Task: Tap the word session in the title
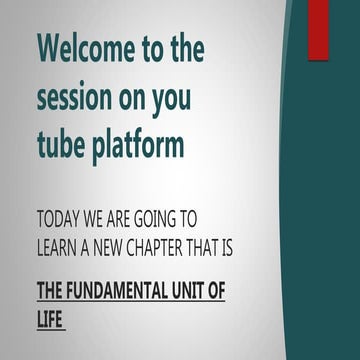(x=81, y=98)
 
